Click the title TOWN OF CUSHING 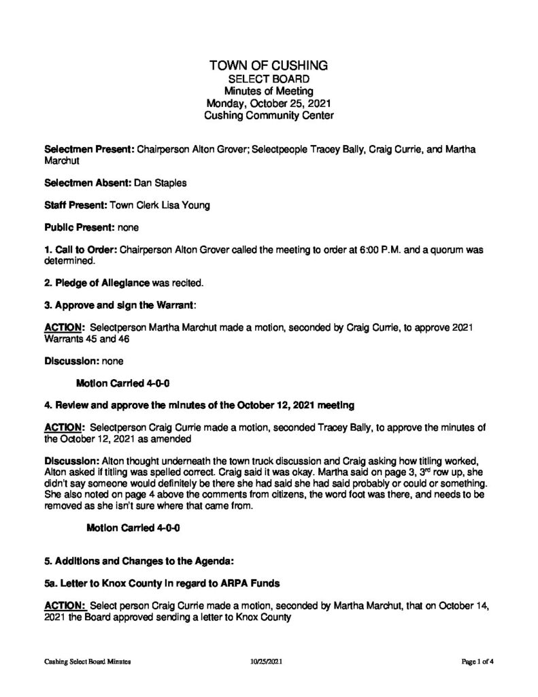269,66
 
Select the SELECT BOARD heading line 269,79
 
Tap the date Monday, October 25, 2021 269,103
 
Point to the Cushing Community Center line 269,116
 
